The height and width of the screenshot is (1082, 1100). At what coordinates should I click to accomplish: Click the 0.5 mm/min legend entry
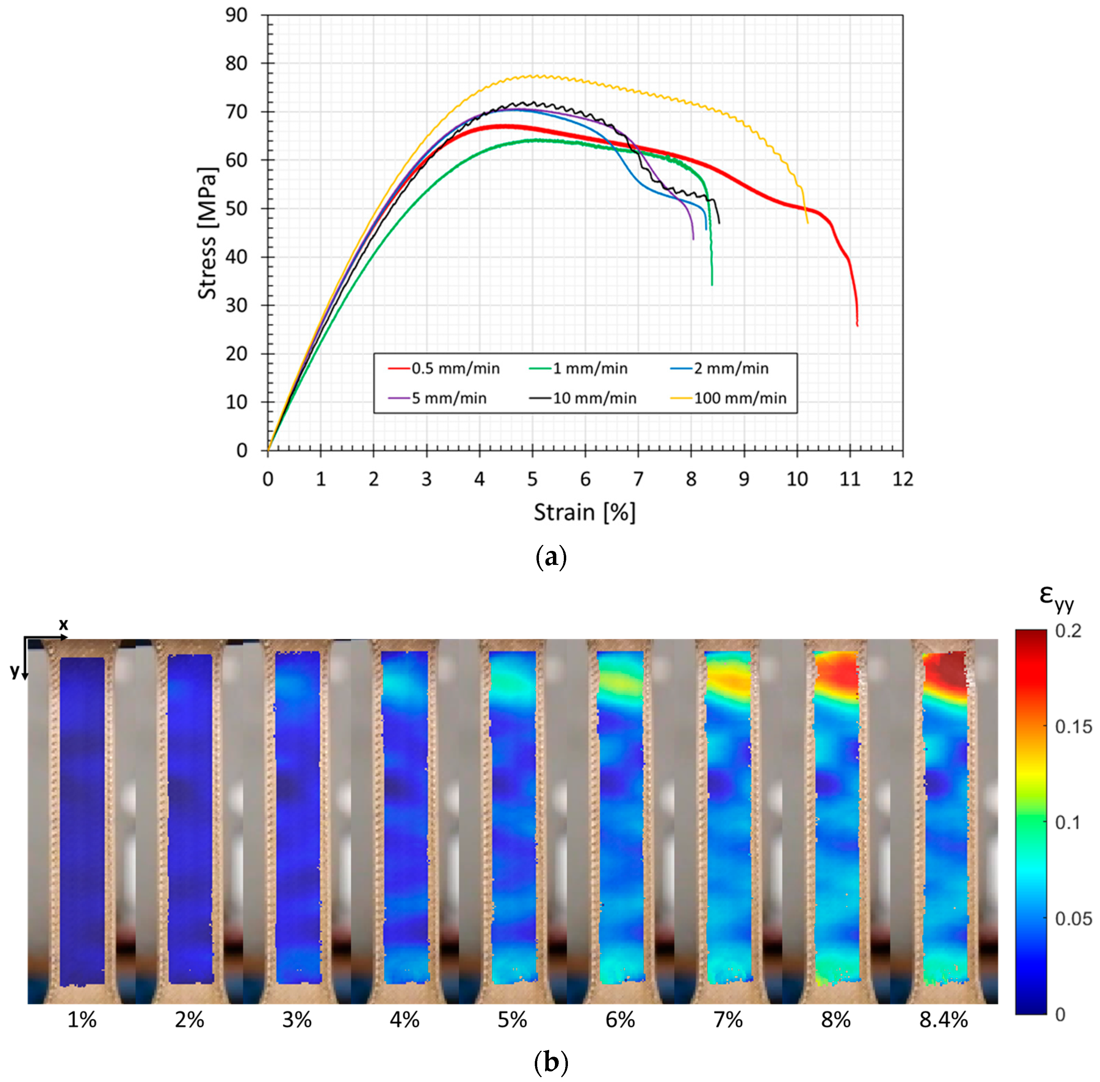[455, 368]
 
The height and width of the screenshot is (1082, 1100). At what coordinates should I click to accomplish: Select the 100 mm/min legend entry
[739, 398]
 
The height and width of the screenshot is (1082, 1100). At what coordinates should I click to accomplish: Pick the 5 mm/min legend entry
[449, 398]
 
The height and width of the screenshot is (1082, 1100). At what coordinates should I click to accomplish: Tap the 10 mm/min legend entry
[594, 398]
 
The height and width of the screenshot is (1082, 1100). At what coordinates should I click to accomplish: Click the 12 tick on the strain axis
[902, 479]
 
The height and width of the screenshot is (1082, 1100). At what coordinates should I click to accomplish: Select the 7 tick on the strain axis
[638, 479]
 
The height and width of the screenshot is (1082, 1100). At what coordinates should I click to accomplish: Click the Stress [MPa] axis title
[207, 233]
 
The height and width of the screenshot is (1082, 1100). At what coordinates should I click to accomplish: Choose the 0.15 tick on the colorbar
[1073, 726]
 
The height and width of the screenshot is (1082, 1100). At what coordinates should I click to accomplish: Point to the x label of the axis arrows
[64, 625]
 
